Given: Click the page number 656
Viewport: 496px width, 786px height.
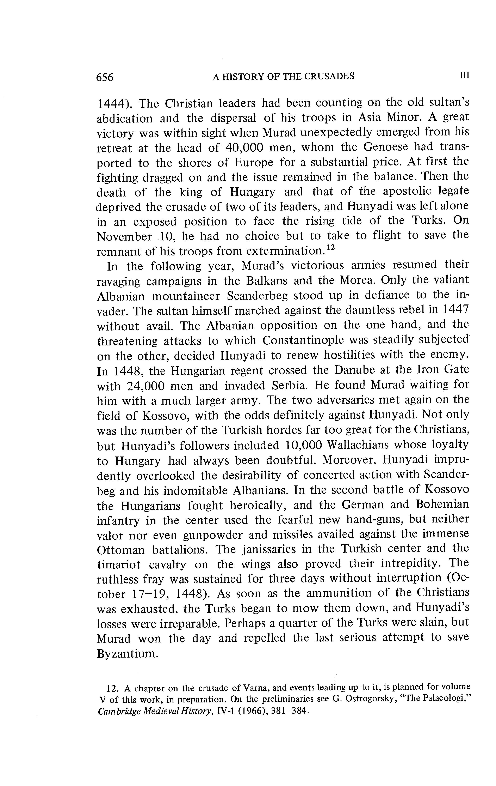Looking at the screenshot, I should [x=105, y=77].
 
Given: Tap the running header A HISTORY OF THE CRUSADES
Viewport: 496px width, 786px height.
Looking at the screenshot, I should [x=283, y=76].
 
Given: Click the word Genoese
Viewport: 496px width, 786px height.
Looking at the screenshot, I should [x=386, y=147].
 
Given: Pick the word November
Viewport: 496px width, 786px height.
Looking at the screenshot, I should [x=124, y=237].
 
